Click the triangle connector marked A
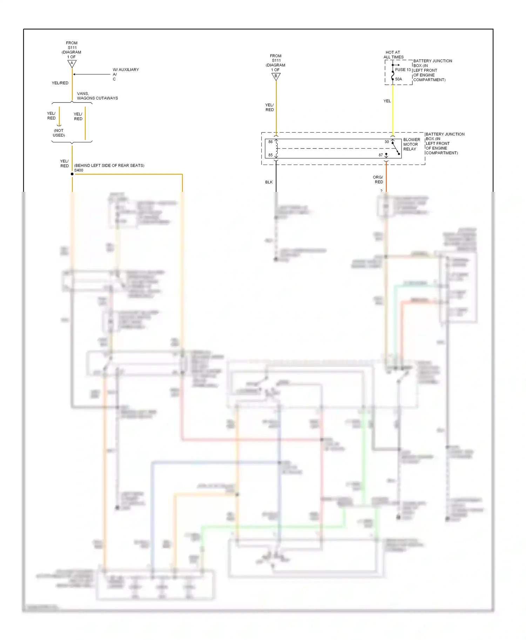click(x=72, y=64)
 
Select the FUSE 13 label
click(x=403, y=70)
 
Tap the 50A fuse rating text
click(x=398, y=79)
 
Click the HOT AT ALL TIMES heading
click(x=393, y=55)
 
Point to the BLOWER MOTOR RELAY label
click(x=411, y=144)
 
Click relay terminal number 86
click(x=270, y=142)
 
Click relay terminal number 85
click(x=270, y=155)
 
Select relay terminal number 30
click(x=386, y=142)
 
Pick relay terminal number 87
click(x=380, y=155)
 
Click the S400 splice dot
click(x=72, y=174)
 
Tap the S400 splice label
click(x=79, y=170)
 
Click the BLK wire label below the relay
click(x=269, y=182)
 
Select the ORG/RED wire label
click(x=378, y=180)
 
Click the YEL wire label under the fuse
click(x=387, y=101)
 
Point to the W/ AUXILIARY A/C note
click(x=125, y=74)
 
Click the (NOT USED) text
click(x=59, y=133)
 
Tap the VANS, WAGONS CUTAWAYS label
click(x=97, y=96)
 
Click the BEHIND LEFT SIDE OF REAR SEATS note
click(x=109, y=165)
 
